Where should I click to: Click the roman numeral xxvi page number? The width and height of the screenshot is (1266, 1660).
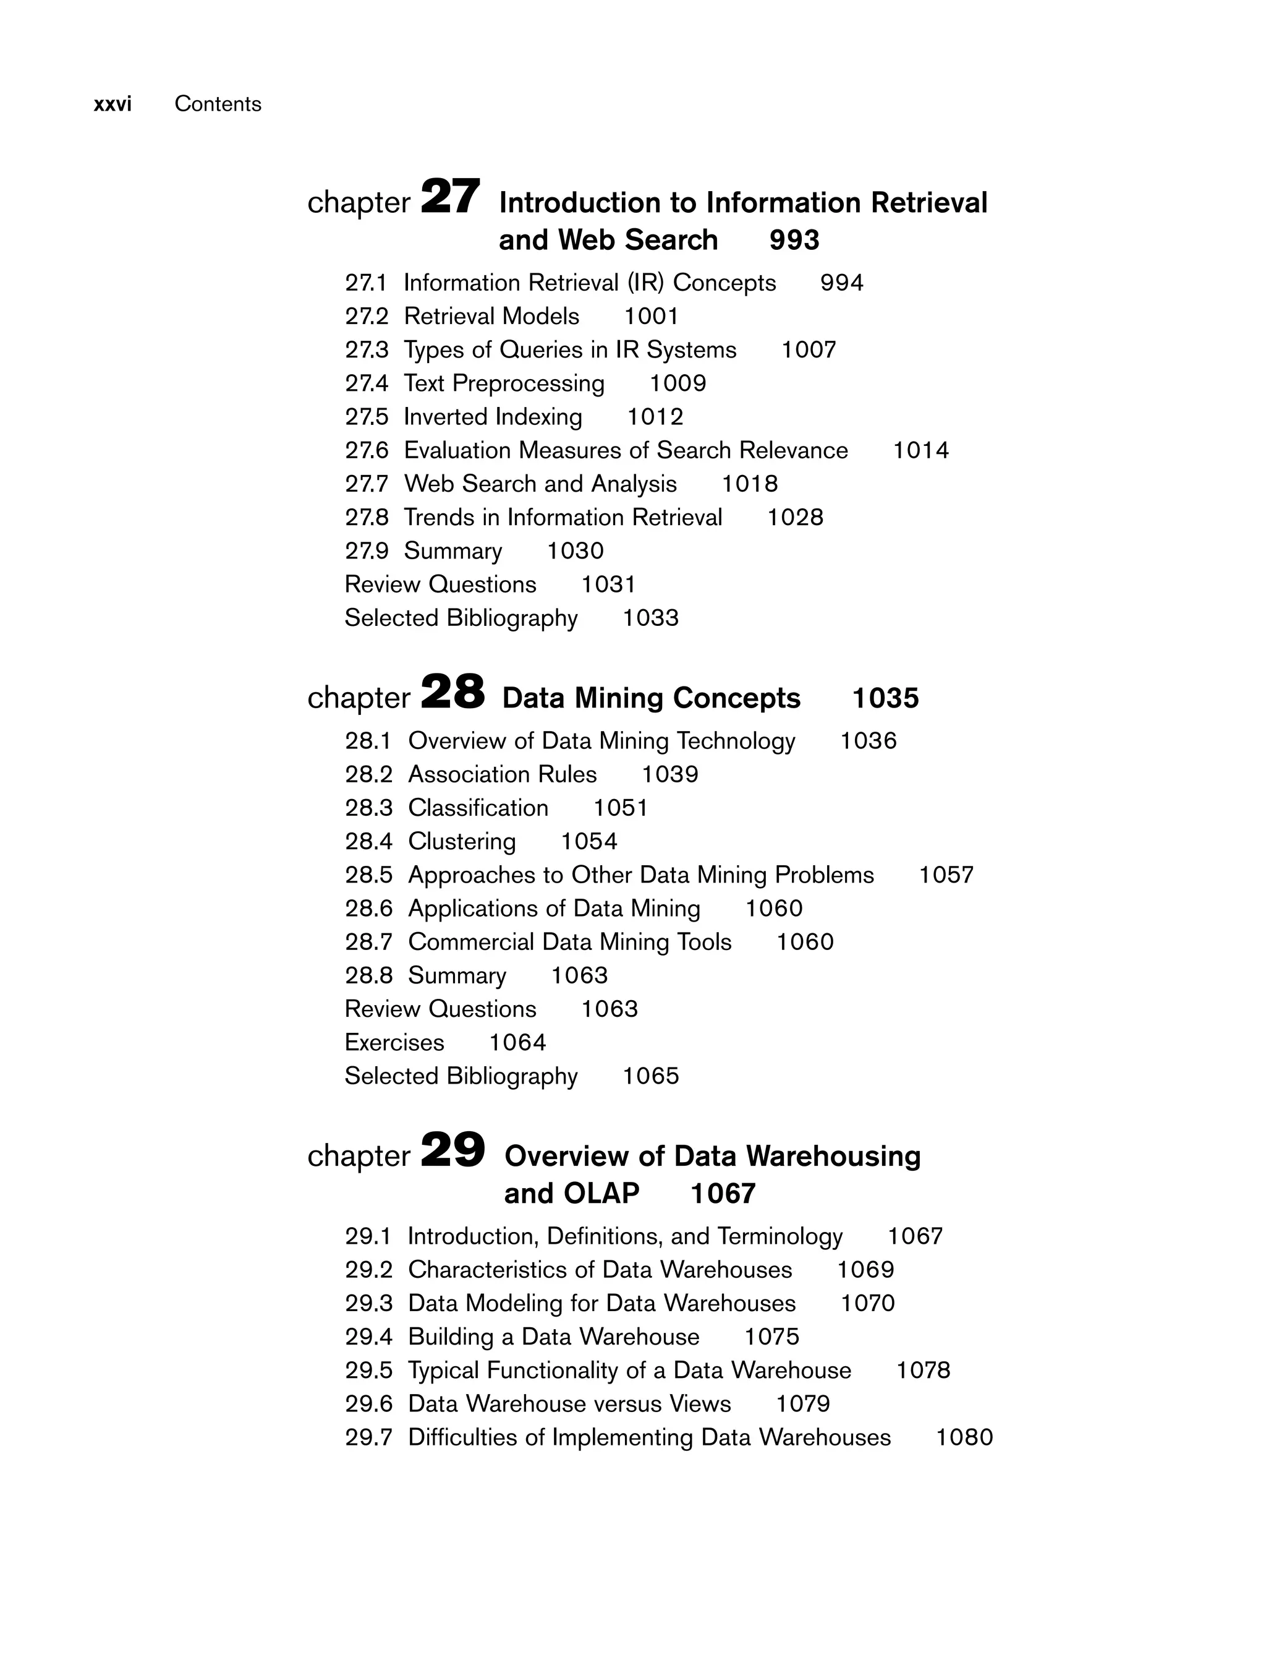tap(113, 104)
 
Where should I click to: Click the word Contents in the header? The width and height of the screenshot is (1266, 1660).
tap(218, 104)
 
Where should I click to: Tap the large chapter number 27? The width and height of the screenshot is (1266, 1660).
tap(450, 197)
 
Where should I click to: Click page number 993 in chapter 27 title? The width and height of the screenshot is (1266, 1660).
tap(794, 241)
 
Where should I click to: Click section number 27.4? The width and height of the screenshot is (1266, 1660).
tap(366, 383)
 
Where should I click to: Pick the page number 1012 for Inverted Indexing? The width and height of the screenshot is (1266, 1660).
tap(655, 417)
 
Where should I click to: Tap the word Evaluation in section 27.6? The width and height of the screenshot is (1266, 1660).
tap(458, 451)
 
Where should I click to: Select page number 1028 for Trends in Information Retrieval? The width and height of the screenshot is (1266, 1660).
tap(795, 518)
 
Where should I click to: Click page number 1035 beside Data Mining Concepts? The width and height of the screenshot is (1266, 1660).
tap(885, 699)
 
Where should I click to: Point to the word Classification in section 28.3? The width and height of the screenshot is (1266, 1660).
tap(478, 808)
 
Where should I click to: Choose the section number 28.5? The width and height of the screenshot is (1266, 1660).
tap(368, 875)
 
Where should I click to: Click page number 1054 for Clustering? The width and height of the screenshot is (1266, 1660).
tap(588, 841)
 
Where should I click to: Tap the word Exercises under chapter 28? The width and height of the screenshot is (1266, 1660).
tap(394, 1043)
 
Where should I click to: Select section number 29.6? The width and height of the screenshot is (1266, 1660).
tap(368, 1404)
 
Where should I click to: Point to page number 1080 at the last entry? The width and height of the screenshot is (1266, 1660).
tap(964, 1437)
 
